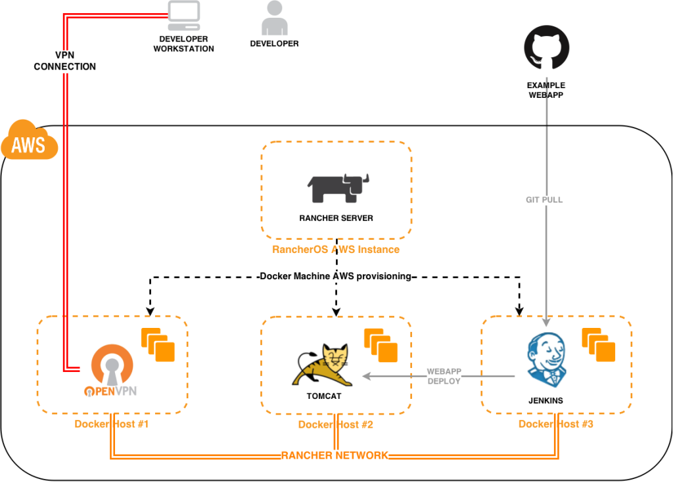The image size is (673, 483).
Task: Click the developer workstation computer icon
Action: (x=184, y=16)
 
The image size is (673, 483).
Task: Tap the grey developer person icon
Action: (x=274, y=18)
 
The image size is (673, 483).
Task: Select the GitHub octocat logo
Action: (x=546, y=48)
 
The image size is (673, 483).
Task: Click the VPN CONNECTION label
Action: (x=65, y=61)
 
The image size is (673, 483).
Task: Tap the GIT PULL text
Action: (x=545, y=200)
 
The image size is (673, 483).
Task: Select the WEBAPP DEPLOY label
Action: (x=444, y=376)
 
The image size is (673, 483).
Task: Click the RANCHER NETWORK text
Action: (x=335, y=455)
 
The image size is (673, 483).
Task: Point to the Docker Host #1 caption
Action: (x=112, y=424)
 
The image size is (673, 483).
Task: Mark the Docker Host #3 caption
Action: (x=556, y=424)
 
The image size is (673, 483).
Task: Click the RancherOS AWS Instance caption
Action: (x=336, y=250)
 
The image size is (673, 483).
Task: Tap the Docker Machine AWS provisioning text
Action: (x=335, y=277)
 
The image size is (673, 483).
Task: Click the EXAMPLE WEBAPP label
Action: (x=546, y=90)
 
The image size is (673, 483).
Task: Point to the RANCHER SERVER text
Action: (x=336, y=218)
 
